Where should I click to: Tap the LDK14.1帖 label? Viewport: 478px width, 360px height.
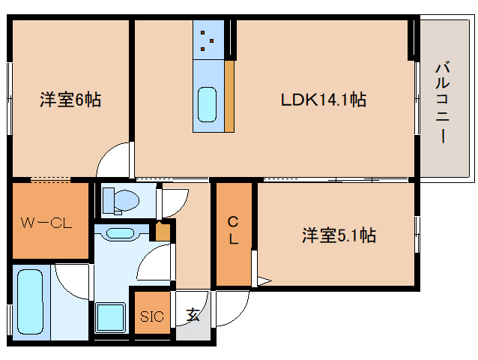click(x=323, y=100)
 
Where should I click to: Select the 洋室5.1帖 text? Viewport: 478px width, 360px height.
click(x=338, y=235)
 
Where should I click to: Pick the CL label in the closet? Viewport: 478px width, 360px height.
click(x=233, y=231)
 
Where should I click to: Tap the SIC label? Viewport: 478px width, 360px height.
click(x=152, y=316)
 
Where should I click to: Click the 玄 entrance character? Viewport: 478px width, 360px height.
click(x=193, y=315)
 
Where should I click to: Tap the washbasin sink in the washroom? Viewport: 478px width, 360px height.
click(x=120, y=232)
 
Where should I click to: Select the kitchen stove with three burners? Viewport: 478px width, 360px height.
click(x=208, y=40)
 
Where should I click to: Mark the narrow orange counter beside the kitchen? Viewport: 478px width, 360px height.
click(x=229, y=96)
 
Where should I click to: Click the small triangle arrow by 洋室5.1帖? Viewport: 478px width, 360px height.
click(x=263, y=281)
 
